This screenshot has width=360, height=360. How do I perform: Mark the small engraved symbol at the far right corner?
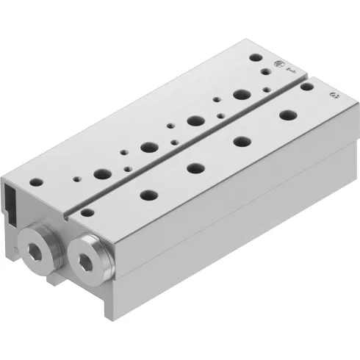click(336, 96)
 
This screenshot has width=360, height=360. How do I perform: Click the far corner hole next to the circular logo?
click(255, 56)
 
